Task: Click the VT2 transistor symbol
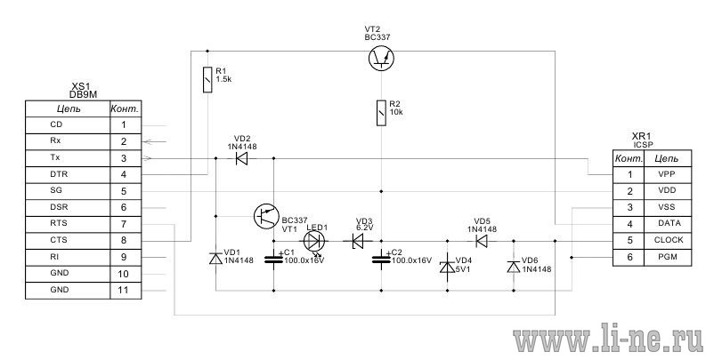381,58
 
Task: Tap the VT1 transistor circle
266,216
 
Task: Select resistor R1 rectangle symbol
207,79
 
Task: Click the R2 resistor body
381,112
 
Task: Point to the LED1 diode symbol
314,241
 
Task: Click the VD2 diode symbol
242,158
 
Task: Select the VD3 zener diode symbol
358,241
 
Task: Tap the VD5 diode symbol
482,241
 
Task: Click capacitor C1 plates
273,260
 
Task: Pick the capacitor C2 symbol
381,260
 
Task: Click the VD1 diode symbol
215,258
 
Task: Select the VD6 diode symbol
514,267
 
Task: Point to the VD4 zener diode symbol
447,267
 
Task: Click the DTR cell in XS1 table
68,174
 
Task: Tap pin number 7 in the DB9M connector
124,224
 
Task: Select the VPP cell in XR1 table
668,174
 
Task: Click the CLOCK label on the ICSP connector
669,240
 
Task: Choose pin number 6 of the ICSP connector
629,257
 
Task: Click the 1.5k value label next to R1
224,78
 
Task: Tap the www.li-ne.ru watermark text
608,339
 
